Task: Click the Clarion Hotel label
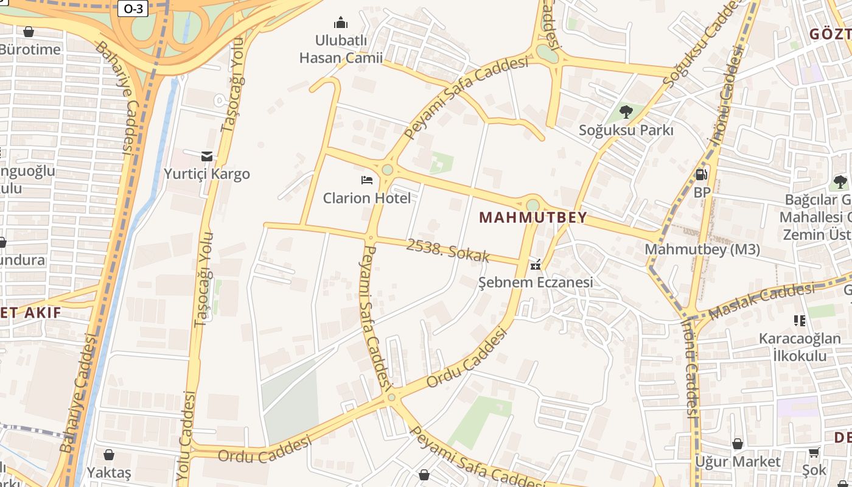(366, 198)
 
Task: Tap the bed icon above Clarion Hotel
(367, 180)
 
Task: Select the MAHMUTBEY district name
(533, 217)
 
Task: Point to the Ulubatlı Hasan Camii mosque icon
(341, 23)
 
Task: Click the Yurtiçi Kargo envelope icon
(207, 156)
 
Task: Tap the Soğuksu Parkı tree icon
(626, 111)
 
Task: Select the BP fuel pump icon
(702, 174)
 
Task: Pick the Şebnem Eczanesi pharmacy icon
(536, 264)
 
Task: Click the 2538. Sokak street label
(447, 250)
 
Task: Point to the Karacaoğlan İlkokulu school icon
(800, 320)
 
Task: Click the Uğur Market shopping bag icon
(738, 444)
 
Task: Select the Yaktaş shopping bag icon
(109, 454)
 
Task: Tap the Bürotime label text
(30, 49)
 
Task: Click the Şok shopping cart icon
(814, 452)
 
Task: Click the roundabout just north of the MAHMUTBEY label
(533, 205)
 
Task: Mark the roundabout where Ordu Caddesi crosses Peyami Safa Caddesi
(391, 398)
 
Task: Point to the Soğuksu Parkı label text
(626, 130)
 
